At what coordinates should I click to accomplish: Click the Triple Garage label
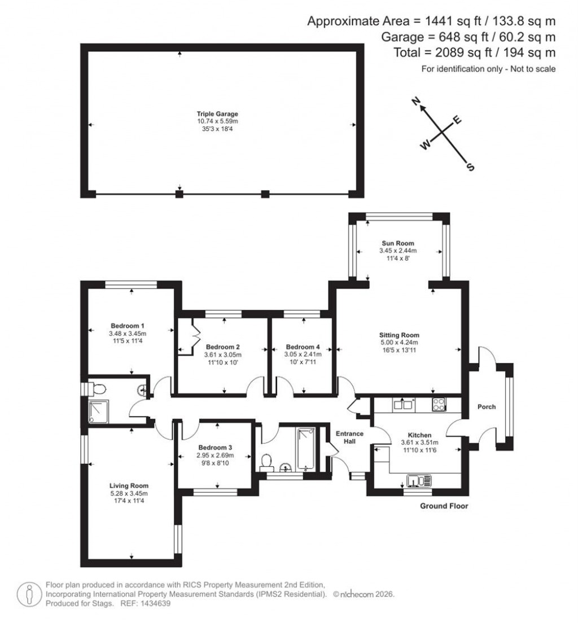click(x=217, y=113)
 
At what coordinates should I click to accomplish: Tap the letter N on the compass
click(x=417, y=102)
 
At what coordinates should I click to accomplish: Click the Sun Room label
click(x=398, y=243)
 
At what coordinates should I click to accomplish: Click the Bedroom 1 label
click(x=128, y=326)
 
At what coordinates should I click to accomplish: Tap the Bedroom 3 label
click(x=215, y=447)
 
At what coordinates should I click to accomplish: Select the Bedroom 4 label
click(x=303, y=346)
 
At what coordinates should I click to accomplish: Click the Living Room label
click(x=129, y=485)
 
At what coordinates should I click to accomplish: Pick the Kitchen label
click(x=419, y=435)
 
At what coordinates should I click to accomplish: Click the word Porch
click(x=487, y=406)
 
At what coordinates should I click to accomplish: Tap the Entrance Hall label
click(x=350, y=437)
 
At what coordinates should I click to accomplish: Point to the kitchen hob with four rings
click(x=439, y=404)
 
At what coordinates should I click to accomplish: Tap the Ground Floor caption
click(x=444, y=506)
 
